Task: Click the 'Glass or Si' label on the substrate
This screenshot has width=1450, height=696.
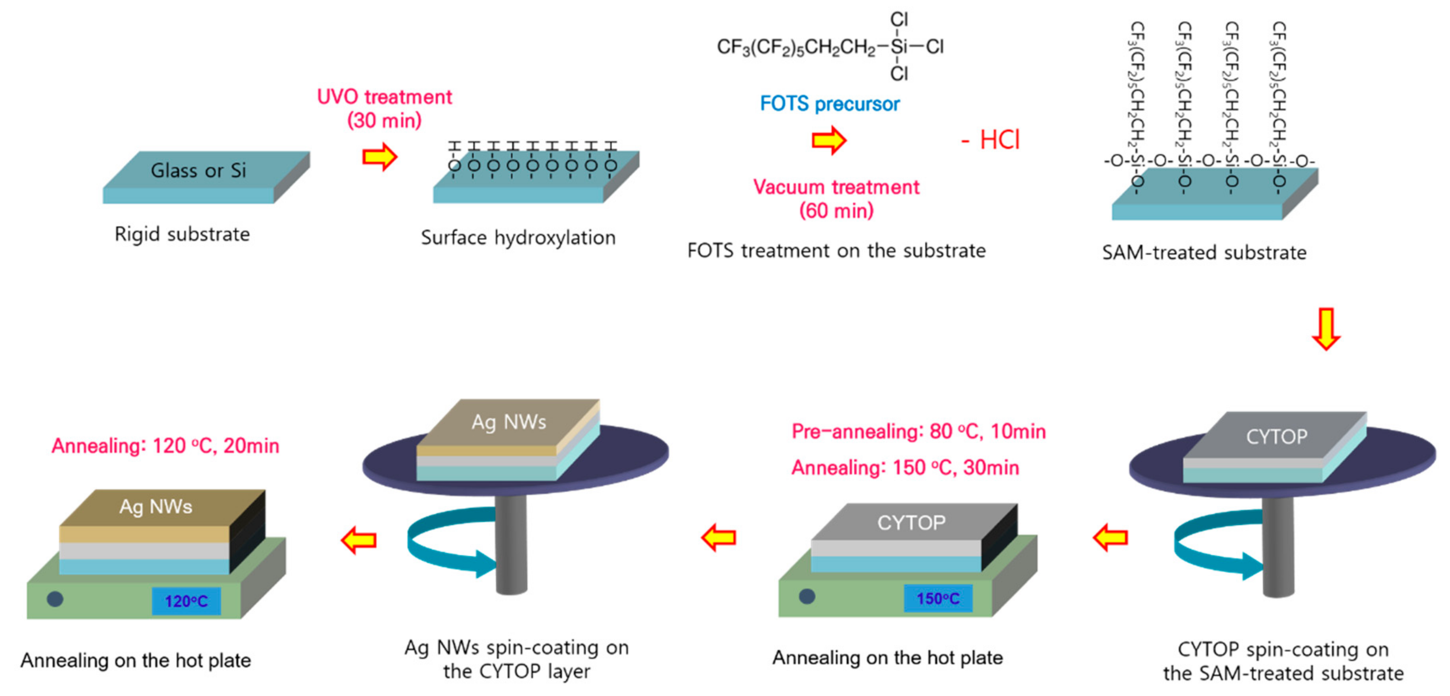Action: tap(198, 170)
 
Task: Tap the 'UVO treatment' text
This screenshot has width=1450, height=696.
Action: tap(384, 97)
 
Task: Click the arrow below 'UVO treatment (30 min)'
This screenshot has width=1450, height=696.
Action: tap(380, 157)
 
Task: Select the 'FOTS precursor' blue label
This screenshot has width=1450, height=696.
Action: tap(830, 104)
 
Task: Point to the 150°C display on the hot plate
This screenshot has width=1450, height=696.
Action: tap(938, 598)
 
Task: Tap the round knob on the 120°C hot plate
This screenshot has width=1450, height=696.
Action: tap(55, 599)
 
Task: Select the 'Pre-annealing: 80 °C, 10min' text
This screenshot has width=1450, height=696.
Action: tap(918, 431)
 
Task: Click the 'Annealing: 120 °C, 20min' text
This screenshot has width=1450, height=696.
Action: tap(165, 446)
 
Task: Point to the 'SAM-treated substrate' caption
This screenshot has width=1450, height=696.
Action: tap(1204, 253)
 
